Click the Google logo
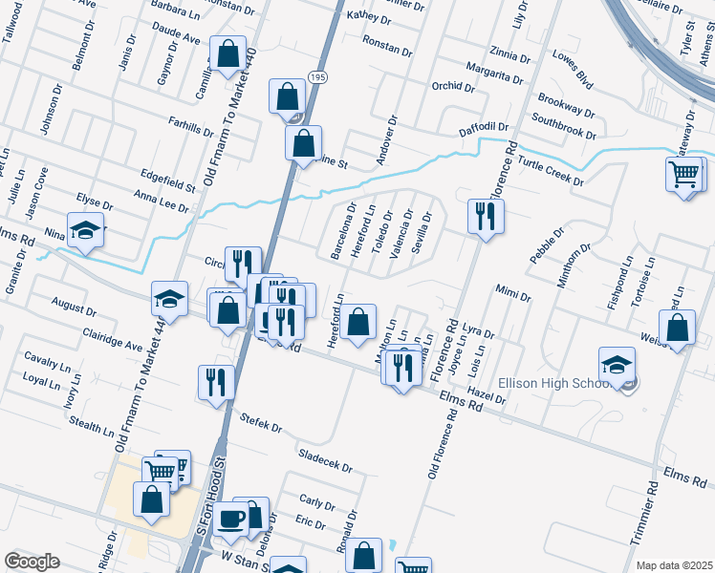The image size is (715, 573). [32, 562]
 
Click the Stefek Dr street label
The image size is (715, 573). [261, 421]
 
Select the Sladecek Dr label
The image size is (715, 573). [325, 462]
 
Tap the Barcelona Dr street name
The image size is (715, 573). [342, 230]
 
